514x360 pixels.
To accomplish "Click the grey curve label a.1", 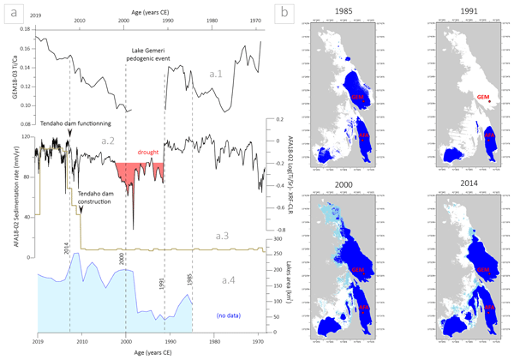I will pyautogui.click(x=216, y=75).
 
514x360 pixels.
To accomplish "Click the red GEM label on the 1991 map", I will pyautogui.click(x=483, y=99).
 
